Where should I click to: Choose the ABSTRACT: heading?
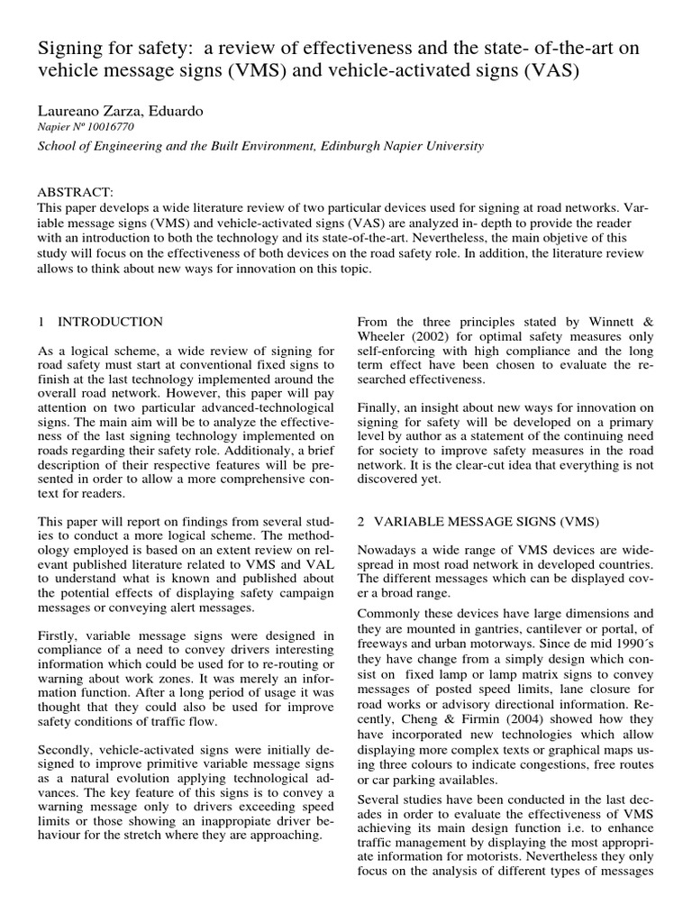point(76,193)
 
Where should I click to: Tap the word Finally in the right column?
point(378,407)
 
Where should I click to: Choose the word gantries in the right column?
point(503,627)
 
